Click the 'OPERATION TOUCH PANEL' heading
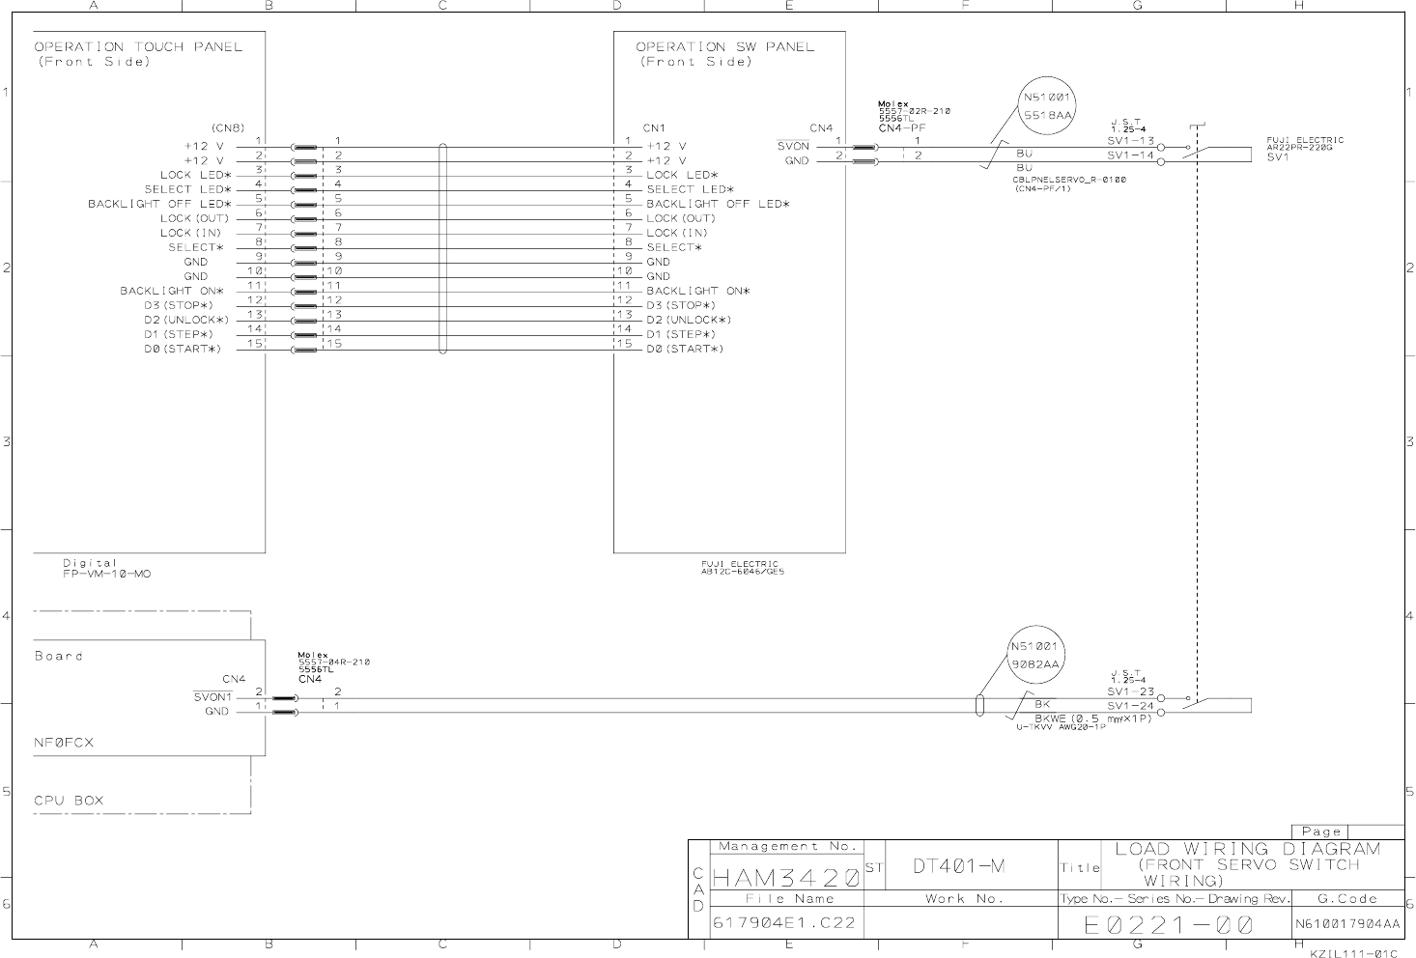(x=138, y=46)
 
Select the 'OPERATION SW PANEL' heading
(x=724, y=46)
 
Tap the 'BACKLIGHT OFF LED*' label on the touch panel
(x=159, y=204)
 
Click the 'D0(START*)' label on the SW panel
(x=685, y=349)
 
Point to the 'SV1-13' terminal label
(x=1130, y=140)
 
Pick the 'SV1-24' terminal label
(x=1130, y=706)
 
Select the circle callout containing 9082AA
(x=1035, y=655)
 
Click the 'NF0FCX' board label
(x=64, y=743)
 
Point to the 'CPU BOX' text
(x=69, y=801)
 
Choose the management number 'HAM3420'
(x=785, y=878)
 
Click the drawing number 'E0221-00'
(x=1169, y=925)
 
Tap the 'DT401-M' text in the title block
(x=959, y=866)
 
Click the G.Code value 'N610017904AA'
(x=1346, y=924)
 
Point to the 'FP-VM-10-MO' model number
(x=106, y=574)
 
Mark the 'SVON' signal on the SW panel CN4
(x=793, y=146)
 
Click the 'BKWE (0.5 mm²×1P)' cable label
(x=1093, y=718)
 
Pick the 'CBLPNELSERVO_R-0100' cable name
(x=1068, y=180)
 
